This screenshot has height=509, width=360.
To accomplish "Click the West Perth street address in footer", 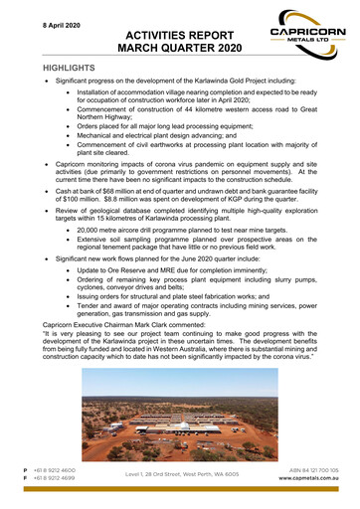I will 181,474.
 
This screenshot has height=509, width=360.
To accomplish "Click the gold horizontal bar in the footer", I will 179,459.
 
